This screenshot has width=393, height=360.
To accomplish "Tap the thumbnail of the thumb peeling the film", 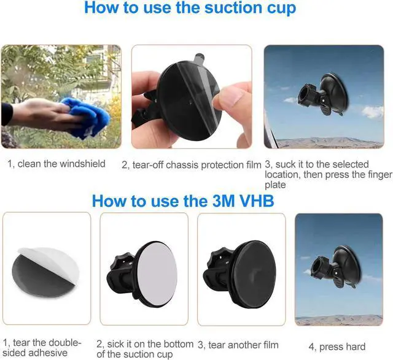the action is coord(192,97).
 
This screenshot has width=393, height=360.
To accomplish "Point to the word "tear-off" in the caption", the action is coord(148,165).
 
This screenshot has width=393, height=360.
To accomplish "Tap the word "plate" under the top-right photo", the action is coord(275,185).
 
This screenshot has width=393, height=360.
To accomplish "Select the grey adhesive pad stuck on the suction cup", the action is coord(157,274).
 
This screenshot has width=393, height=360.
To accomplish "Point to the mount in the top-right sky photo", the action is coord(323,94).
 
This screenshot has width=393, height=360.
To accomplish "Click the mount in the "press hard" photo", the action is coord(336,267).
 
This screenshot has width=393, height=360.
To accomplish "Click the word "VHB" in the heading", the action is coord(255,201).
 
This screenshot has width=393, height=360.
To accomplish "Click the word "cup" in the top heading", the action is coord(281,9).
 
